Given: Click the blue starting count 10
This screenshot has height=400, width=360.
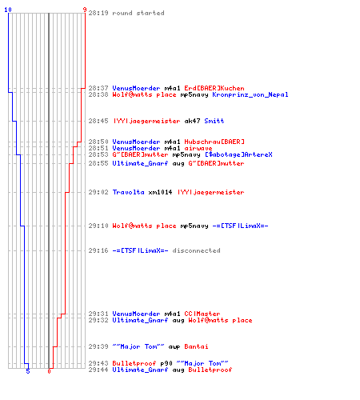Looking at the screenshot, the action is pyautogui.click(x=8, y=10).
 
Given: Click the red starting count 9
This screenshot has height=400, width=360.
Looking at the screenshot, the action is pyautogui.click(x=85, y=10).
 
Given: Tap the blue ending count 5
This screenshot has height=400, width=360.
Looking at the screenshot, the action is pyautogui.click(x=28, y=371).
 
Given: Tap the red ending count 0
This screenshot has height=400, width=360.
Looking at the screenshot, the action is pyautogui.click(x=49, y=371).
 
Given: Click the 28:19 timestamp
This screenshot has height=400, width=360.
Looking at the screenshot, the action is pyautogui.click(x=98, y=13).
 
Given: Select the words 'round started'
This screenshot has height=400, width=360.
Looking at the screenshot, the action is pyautogui.click(x=138, y=13).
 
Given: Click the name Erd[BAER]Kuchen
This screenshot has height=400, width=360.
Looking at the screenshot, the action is pyautogui.click(x=214, y=88).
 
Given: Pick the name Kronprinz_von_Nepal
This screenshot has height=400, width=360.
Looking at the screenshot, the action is pyautogui.click(x=250, y=94).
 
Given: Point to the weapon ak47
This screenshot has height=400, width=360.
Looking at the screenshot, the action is pyautogui.click(x=192, y=121).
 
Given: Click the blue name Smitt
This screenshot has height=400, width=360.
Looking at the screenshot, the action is pyautogui.click(x=214, y=121).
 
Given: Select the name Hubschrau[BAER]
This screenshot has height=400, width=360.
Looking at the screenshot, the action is pyautogui.click(x=214, y=142).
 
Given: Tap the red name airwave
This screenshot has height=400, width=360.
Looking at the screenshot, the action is pyautogui.click(x=198, y=148).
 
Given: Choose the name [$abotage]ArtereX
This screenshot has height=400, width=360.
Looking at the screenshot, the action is pyautogui.click(x=238, y=154).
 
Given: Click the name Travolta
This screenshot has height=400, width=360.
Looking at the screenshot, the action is pyautogui.click(x=128, y=192).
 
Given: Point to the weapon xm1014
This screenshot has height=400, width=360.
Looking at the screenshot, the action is pyautogui.click(x=160, y=192).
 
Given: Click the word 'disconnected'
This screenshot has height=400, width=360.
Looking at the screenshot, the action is pyautogui.click(x=196, y=250).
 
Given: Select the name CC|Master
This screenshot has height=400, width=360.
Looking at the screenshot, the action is pyautogui.click(x=202, y=314).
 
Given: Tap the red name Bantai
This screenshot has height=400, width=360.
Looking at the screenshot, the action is pyautogui.click(x=196, y=346).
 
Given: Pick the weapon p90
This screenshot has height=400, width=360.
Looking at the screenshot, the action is pyautogui.click(x=166, y=363).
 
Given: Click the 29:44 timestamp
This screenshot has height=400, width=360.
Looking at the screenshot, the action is pyautogui.click(x=98, y=370).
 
